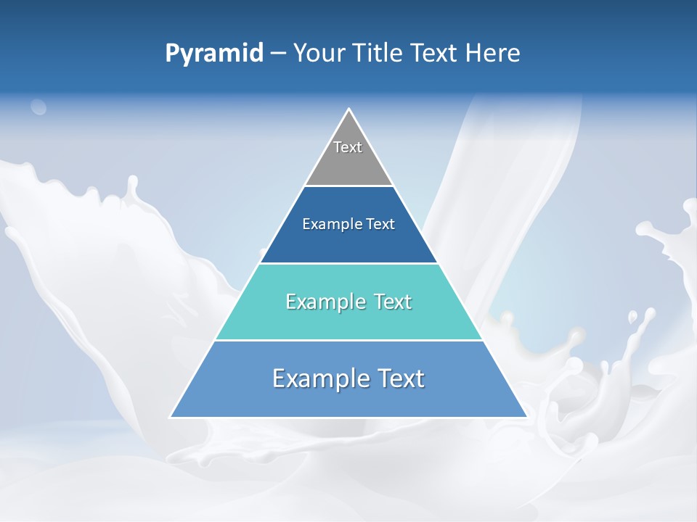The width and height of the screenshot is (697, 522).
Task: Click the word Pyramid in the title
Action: coord(214,54)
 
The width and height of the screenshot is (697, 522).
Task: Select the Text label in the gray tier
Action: coord(348,147)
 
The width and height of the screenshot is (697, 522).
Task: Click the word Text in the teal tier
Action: coord(392,302)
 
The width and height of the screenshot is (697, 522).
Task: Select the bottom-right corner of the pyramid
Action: coord(526,417)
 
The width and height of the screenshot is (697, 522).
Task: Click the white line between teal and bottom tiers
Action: coord(348,340)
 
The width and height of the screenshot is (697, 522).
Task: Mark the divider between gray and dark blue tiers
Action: coord(348,186)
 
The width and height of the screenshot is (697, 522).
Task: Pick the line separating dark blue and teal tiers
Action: coord(348,263)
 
